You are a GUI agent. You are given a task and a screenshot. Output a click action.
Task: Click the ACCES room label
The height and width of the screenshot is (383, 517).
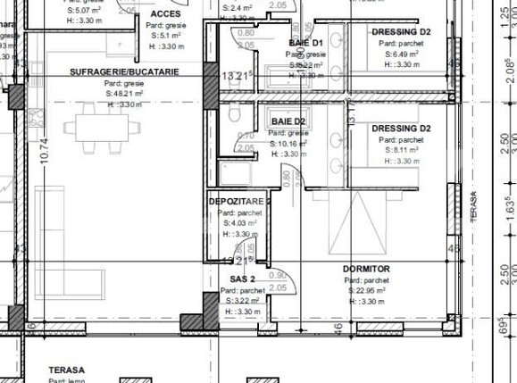tap(166, 15)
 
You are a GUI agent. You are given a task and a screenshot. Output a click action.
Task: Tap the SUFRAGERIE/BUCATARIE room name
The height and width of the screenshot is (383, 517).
tap(125, 71)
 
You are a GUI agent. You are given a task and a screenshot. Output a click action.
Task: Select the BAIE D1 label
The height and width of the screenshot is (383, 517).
tap(306, 43)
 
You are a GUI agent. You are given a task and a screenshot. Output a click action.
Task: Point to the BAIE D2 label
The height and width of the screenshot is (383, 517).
tap(288, 121)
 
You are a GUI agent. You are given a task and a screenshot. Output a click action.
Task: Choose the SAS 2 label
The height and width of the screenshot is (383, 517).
tap(243, 279)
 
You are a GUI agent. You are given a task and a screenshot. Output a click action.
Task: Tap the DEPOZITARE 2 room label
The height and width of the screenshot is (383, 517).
tap(238, 202)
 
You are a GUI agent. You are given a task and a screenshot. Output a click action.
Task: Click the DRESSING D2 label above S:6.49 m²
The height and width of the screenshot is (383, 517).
tap(401, 32)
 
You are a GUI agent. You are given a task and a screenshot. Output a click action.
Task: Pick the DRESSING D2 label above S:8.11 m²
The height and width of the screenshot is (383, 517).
tap(401, 129)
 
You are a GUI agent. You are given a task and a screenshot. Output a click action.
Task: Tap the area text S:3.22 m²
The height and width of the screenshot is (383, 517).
tap(243, 301)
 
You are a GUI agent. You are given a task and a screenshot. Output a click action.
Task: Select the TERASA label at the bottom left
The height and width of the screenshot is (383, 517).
tap(67, 370)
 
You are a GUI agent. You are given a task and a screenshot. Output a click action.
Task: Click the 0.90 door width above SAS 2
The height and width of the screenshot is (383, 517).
tap(277, 276)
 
